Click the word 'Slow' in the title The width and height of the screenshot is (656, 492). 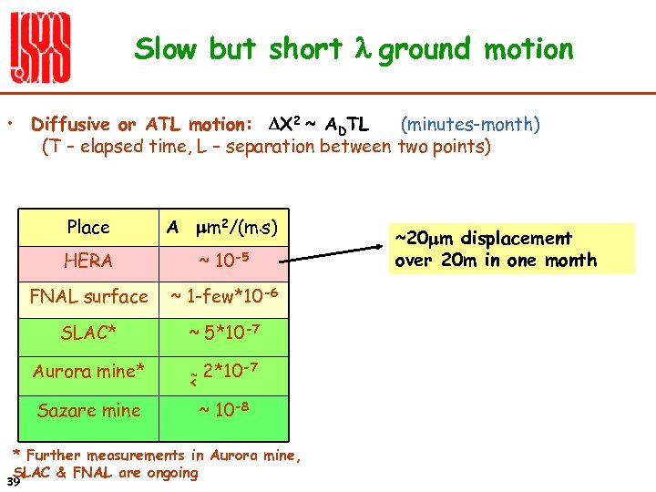pos(166,49)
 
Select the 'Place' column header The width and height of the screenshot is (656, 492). pos(88,228)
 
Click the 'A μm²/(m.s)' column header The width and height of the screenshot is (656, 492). pos(222,228)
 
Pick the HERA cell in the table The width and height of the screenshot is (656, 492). pos(88,261)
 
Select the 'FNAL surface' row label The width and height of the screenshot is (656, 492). pos(88,296)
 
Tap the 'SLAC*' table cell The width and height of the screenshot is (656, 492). pos(88,333)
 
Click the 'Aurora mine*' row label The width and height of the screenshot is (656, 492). pos(88,372)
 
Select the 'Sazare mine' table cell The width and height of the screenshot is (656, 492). pos(88,410)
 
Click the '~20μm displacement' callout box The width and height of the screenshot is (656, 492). pos(496,249)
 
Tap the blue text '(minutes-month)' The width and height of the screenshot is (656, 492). pos(470,124)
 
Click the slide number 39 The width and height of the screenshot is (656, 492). pos(12,481)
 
